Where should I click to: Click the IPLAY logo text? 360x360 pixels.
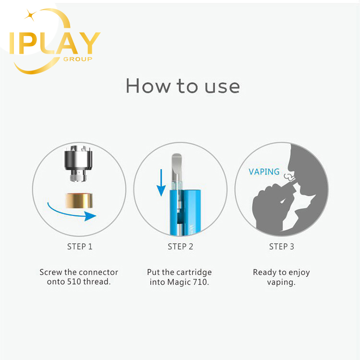(x=55, y=43)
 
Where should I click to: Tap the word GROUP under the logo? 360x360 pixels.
(x=78, y=59)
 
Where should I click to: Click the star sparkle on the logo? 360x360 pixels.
(x=30, y=15)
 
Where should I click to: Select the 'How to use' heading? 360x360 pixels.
(x=183, y=86)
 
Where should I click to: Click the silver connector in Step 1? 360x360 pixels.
(x=79, y=163)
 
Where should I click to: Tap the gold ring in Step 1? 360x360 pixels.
(x=79, y=201)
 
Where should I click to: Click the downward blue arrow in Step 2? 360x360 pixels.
(x=161, y=182)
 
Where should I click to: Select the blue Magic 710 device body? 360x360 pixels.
(x=185, y=212)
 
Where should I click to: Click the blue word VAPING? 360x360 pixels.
(x=264, y=172)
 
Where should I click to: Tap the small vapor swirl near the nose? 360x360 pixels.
(x=288, y=177)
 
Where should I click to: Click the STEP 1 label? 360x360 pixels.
(x=80, y=247)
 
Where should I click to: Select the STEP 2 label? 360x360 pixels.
(x=180, y=247)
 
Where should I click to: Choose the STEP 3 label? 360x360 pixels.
(x=281, y=247)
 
